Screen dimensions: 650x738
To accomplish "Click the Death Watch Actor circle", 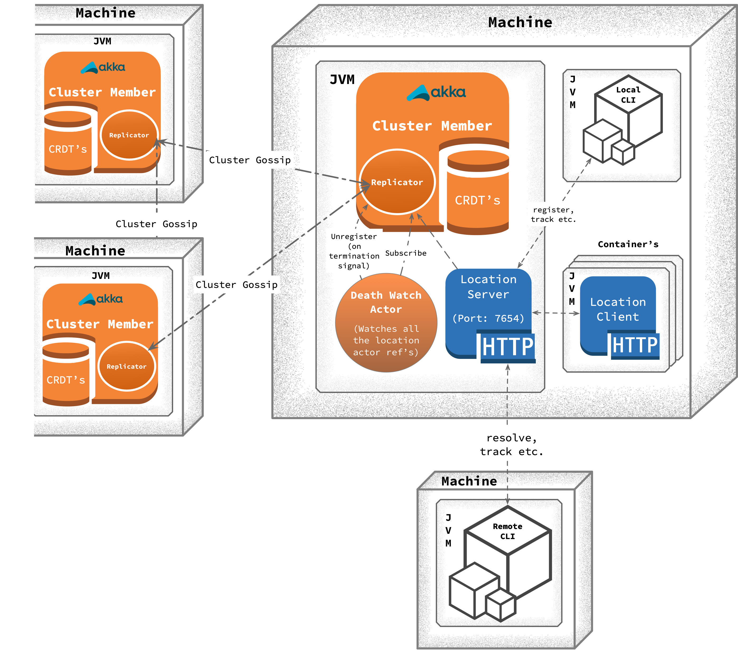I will pyautogui.click(x=386, y=323).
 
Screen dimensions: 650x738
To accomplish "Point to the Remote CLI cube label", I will pyautogui.click(x=507, y=531).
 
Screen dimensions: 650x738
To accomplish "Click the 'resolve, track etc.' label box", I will pyautogui.click(x=512, y=445).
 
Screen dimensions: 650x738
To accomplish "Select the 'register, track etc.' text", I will pyautogui.click(x=553, y=215).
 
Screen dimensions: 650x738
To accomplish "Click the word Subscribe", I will pyautogui.click(x=406, y=253).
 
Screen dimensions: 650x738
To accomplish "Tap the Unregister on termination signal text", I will pyautogui.click(x=354, y=251).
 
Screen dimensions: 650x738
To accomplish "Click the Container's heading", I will pyautogui.click(x=628, y=244).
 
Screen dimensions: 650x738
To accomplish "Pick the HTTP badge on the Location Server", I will pyautogui.click(x=508, y=347).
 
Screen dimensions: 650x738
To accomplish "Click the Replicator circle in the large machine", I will pyautogui.click(x=397, y=182).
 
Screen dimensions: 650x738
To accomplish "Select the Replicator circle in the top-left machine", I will pyautogui.click(x=129, y=135).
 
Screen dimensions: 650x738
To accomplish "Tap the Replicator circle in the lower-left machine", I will pyautogui.click(x=127, y=366).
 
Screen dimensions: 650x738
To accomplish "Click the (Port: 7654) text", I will pyautogui.click(x=488, y=318).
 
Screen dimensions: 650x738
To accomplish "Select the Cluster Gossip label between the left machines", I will pyautogui.click(x=156, y=224).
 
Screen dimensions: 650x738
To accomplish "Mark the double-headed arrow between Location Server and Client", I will pyautogui.click(x=556, y=313).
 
